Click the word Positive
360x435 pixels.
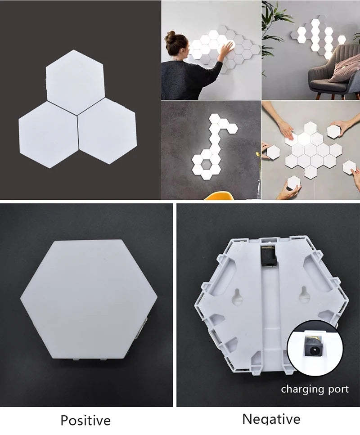pyautogui.click(x=85, y=421)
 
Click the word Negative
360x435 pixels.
pyautogui.click(x=271, y=419)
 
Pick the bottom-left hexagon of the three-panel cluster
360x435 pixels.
pyautogui.click(x=48, y=134)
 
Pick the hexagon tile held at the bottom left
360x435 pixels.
pyautogui.click(x=293, y=182)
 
